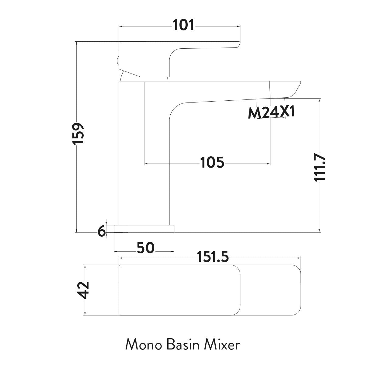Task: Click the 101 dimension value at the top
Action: pyautogui.click(x=183, y=25)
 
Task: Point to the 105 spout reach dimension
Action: pyautogui.click(x=212, y=163)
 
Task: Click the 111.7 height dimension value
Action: pyautogui.click(x=320, y=167)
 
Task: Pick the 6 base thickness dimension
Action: pyautogui.click(x=102, y=232)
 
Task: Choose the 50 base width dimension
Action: pyautogui.click(x=146, y=248)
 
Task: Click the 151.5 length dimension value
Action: pyautogui.click(x=213, y=258)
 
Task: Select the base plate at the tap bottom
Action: pyautogui.click(x=144, y=229)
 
